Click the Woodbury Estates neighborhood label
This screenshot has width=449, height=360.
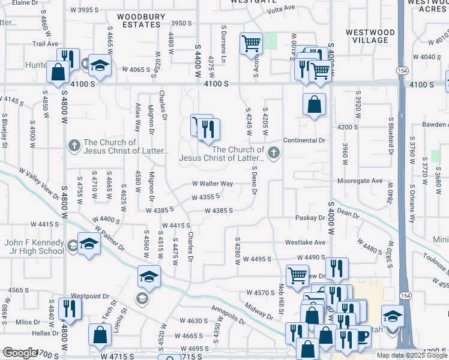tap(139, 20)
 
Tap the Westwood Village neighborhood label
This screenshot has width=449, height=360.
tap(370, 36)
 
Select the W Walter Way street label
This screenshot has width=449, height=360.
tap(212, 184)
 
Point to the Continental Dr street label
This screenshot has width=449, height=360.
tap(304, 140)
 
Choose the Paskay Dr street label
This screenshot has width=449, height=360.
tap(310, 218)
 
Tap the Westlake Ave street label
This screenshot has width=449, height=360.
tap(305, 242)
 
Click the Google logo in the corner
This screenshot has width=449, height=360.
tap(19, 353)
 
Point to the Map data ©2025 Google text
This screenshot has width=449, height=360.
tap(411, 355)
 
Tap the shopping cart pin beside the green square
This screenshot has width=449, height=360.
tap(250, 43)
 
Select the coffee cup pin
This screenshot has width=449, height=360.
tap(362, 336)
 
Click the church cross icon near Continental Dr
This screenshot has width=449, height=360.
tap(273, 153)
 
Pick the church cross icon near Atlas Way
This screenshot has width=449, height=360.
tap(74, 145)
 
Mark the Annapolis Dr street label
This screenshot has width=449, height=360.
tap(228, 314)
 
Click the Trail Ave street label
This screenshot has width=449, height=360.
tap(45, 44)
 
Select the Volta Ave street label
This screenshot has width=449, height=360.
tap(282, 8)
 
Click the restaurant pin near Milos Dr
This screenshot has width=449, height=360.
tap(70, 308)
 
